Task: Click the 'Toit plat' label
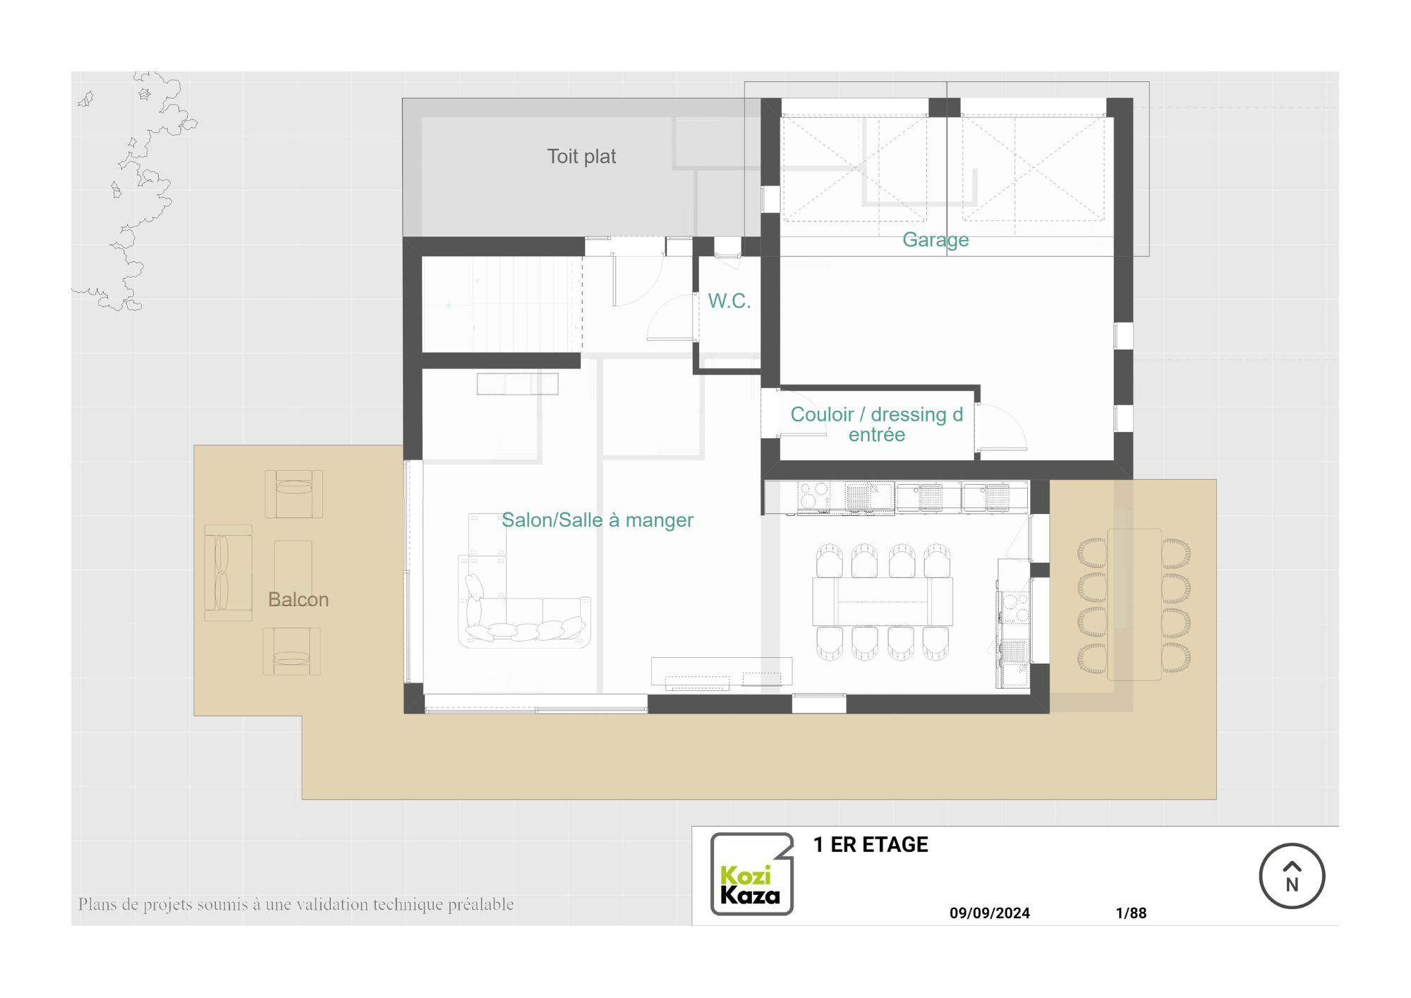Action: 581,156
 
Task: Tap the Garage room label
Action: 935,240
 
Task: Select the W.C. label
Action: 729,301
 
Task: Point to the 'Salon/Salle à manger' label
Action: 597,520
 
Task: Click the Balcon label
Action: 298,599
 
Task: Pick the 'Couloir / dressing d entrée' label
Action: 876,424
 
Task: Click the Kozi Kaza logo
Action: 751,874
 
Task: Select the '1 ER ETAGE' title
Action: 871,845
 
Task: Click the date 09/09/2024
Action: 989,913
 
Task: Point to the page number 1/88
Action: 1131,913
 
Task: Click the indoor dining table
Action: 882,601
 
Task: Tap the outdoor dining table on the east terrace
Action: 1134,604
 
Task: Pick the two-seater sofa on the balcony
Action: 228,572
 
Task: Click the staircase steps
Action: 502,303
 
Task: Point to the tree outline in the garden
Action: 134,191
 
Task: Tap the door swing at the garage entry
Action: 1003,426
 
